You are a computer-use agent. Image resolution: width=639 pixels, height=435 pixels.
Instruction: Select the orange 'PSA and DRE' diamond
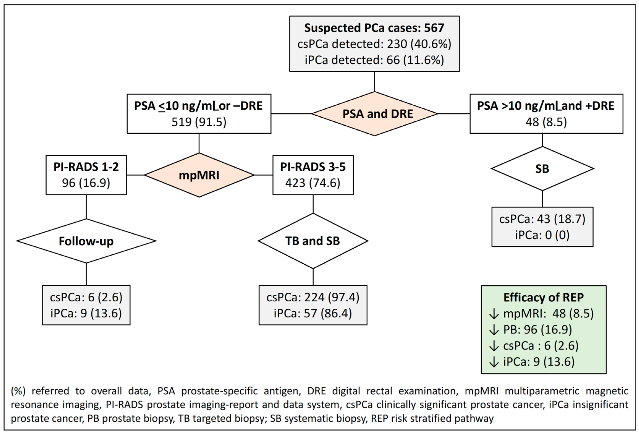[x=375, y=114]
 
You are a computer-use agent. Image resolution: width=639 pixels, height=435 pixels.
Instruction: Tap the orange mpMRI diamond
[x=199, y=175]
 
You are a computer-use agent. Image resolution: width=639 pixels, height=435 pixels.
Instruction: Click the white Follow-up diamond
[x=86, y=241]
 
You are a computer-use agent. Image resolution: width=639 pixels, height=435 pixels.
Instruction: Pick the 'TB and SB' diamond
[x=313, y=241]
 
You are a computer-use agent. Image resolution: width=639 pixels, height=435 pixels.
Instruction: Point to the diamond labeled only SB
[x=542, y=169]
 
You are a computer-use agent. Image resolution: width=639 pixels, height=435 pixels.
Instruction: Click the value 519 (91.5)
[x=199, y=122]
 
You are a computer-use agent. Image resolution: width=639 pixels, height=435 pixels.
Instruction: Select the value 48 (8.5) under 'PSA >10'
[x=546, y=122]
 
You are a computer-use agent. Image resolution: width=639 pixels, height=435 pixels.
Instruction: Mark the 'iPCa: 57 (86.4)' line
[x=313, y=313]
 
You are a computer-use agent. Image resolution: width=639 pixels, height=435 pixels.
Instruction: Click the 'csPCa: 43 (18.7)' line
[x=542, y=219]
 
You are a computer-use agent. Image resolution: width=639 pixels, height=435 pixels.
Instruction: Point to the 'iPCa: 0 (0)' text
[x=542, y=235]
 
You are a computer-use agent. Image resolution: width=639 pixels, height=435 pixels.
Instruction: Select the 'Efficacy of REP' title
[x=543, y=298]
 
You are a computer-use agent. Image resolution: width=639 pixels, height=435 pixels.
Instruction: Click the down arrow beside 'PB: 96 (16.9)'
[x=494, y=330]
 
